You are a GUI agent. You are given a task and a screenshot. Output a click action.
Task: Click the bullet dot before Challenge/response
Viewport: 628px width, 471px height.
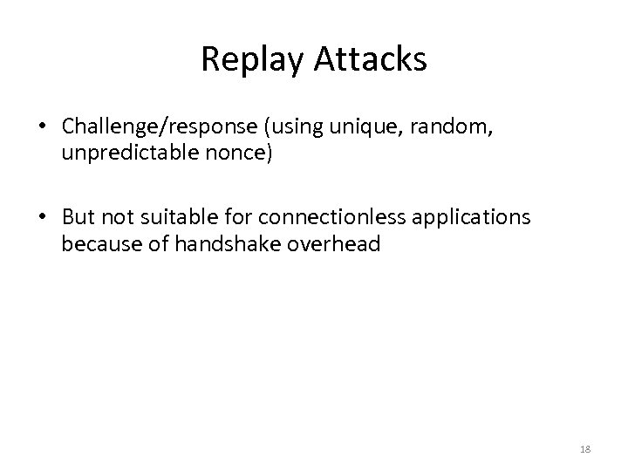43,128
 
